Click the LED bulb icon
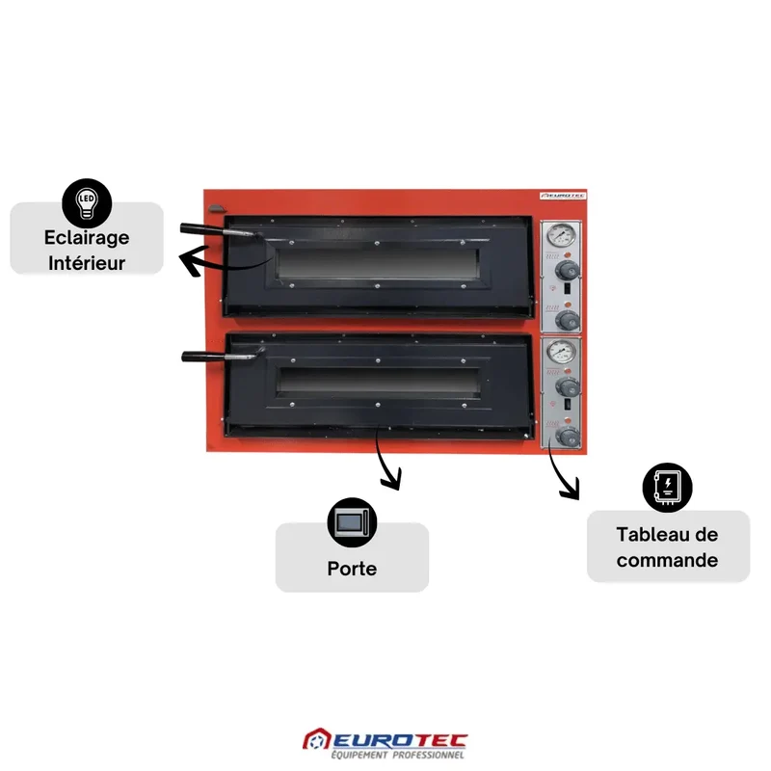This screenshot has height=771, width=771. pyautogui.click(x=87, y=203)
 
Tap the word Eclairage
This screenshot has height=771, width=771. pyautogui.click(x=87, y=237)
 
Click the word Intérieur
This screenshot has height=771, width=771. pyautogui.click(x=87, y=262)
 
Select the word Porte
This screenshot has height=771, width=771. pyautogui.click(x=352, y=569)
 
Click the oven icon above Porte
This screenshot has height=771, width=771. pyautogui.click(x=352, y=522)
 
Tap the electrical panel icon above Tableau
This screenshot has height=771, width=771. pyautogui.click(x=667, y=488)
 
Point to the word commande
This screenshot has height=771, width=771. pyautogui.click(x=667, y=560)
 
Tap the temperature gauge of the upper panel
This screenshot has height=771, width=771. pyautogui.click(x=561, y=235)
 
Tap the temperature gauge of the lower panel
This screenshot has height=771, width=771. pyautogui.click(x=561, y=352)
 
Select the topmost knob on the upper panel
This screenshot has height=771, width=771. pyautogui.click(x=567, y=270)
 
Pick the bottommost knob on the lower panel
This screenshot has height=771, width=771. pyautogui.click(x=568, y=437)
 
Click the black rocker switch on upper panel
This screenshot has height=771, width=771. pyautogui.click(x=567, y=288)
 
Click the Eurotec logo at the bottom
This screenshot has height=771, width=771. pyautogui.click(x=385, y=743)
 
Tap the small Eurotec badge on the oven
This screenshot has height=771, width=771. pyautogui.click(x=563, y=196)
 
